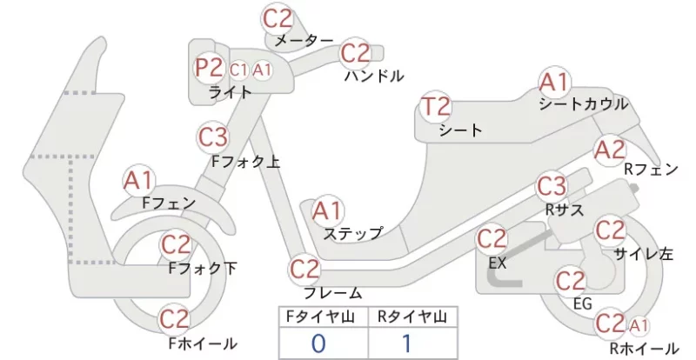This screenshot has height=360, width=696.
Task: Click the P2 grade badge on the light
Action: coord(209,68)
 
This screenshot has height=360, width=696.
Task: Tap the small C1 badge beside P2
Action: coord(238,70)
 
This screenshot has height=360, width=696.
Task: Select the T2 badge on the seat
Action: coord(436,107)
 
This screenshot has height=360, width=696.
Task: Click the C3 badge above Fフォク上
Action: coord(212,137)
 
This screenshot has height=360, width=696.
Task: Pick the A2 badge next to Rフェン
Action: coord(611,150)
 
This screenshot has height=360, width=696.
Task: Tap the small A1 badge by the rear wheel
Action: coord(639,326)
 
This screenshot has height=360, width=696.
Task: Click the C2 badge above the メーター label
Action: coord(278,18)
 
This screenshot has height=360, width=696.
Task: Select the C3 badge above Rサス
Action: coord(552,186)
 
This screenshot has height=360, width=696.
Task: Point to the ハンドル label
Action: coord(375,77)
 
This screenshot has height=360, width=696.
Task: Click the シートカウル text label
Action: coord(584,104)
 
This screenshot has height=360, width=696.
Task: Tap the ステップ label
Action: coord(353,233)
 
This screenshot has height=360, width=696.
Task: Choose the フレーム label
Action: coord(332,293)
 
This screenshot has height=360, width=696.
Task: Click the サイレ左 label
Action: coord(644,253)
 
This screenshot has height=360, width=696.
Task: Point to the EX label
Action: coord(497,263)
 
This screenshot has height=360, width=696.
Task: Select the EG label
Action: coord(582,303)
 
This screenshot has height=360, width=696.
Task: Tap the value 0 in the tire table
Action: coord(318,343)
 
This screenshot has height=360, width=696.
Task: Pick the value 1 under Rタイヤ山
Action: coord(406,343)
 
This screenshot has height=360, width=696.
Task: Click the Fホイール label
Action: coord(203,343)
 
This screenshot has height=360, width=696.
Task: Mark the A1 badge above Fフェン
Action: coord(138,181)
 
